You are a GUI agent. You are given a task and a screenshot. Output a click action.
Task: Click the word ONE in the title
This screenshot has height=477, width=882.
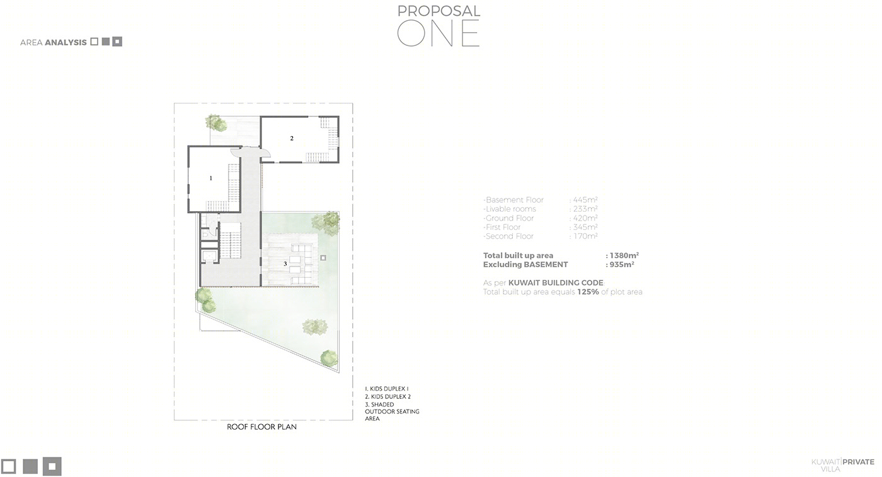[x=438, y=33]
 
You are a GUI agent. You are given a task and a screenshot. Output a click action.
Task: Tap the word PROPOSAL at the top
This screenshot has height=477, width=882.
[x=438, y=11]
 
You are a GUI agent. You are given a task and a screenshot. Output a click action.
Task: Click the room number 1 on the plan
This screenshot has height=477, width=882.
[x=210, y=178]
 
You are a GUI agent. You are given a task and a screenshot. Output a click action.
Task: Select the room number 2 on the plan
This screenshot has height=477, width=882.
[x=292, y=138]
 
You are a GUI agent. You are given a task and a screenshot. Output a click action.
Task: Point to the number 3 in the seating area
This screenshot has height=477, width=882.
[x=285, y=264]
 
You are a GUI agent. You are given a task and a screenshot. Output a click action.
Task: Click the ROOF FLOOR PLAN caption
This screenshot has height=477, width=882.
[x=262, y=427]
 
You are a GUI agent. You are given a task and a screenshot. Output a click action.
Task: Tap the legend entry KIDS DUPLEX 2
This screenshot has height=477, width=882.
[x=388, y=396]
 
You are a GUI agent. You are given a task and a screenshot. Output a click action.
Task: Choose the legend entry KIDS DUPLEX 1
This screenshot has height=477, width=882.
[x=387, y=389]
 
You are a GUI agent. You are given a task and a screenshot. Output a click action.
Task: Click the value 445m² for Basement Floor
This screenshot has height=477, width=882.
[x=585, y=200]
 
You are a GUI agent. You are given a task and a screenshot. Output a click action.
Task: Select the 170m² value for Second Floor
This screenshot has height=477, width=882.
[x=585, y=236]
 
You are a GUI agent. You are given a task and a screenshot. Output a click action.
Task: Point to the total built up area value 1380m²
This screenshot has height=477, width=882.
[x=624, y=255]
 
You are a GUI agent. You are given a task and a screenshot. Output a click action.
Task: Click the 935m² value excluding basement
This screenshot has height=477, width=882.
[x=622, y=264]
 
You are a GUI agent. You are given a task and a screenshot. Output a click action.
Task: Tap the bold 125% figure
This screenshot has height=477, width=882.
[x=588, y=292]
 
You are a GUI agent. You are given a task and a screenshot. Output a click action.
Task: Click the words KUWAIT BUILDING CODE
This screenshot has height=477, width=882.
[x=556, y=283]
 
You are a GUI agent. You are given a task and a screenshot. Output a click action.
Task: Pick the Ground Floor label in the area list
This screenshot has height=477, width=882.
[x=510, y=218]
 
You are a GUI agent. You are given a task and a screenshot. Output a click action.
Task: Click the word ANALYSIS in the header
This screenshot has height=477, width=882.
[x=66, y=43]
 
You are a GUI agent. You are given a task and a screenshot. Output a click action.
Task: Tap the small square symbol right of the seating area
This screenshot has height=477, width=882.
[x=323, y=258]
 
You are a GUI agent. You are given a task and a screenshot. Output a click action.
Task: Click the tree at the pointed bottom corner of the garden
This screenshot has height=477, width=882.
[x=329, y=358]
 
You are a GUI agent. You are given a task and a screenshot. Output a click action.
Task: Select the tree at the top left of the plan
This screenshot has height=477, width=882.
[x=215, y=123]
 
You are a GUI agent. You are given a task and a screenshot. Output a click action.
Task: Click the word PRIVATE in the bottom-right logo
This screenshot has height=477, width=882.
[x=858, y=462]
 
